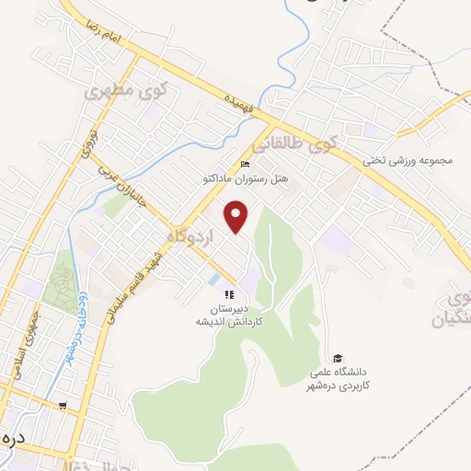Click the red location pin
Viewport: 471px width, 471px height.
click(238, 216)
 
